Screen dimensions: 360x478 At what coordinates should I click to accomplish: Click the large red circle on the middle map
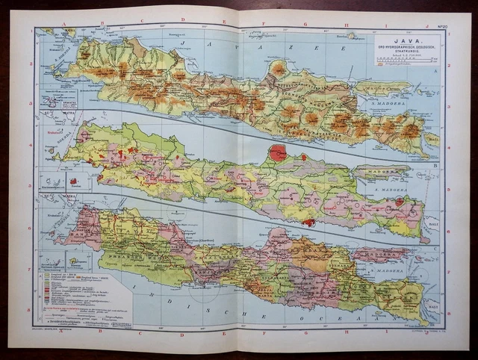(x=278, y=154)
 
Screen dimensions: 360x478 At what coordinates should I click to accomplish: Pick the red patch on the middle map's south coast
(x=308, y=222)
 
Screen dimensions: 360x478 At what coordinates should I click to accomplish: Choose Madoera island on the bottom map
(x=381, y=255)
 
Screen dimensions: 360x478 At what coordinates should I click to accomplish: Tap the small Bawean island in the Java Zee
(x=278, y=68)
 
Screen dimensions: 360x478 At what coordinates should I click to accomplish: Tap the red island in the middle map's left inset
(x=73, y=181)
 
